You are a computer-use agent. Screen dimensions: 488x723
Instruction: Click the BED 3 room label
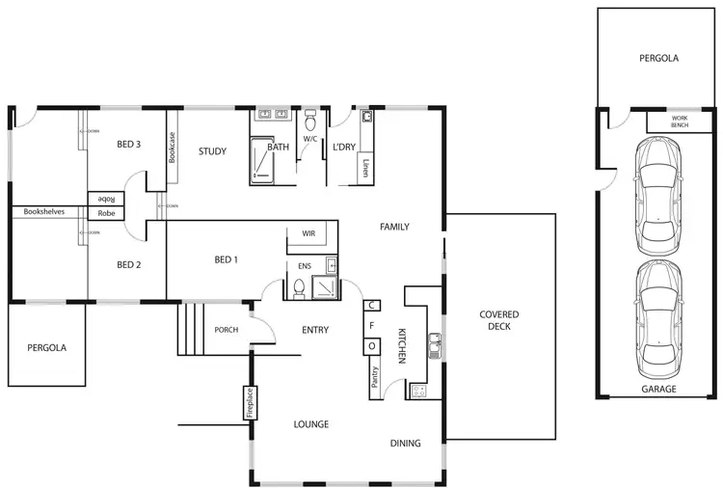click(129, 145)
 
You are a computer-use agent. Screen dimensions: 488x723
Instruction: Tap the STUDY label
click(212, 151)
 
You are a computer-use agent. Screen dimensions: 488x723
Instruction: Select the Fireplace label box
click(248, 404)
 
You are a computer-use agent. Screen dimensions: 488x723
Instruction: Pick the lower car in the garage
click(656, 318)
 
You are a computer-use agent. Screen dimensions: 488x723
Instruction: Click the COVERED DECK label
click(499, 321)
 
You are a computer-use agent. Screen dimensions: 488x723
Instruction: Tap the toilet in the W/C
click(310, 122)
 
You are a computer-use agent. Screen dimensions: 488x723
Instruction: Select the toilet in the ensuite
click(299, 287)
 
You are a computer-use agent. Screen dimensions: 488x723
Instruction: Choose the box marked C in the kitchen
click(371, 306)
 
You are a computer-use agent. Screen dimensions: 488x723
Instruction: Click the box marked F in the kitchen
click(371, 326)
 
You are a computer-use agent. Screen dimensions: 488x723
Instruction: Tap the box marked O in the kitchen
click(371, 346)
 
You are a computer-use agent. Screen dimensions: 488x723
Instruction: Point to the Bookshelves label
click(44, 211)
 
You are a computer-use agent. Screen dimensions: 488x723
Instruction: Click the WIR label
click(308, 233)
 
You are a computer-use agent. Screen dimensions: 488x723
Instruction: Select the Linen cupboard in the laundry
click(366, 170)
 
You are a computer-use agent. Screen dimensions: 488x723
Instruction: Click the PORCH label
click(226, 330)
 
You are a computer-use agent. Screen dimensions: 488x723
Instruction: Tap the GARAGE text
click(659, 390)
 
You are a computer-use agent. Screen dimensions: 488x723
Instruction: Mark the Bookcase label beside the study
click(173, 150)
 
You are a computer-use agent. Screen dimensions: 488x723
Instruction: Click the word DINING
click(405, 444)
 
